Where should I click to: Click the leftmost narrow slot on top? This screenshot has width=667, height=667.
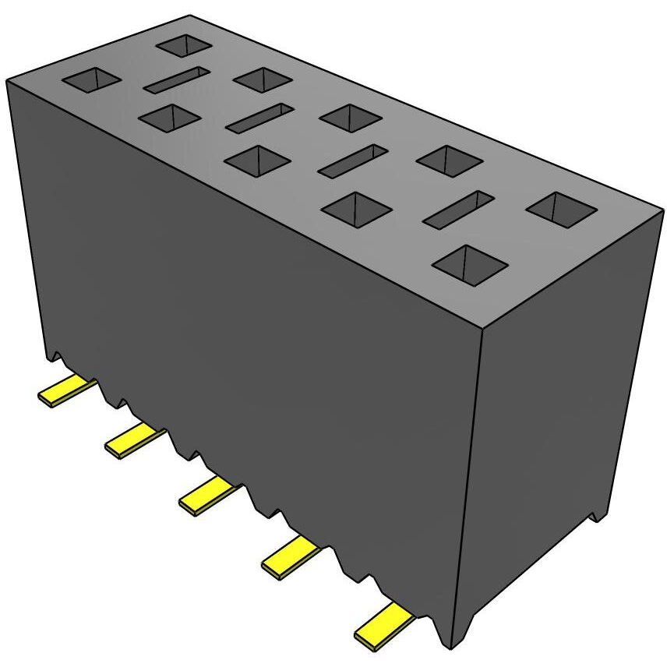[177, 79]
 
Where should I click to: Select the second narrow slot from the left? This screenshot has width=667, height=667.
[259, 118]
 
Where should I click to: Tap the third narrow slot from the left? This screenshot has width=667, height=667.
[352, 160]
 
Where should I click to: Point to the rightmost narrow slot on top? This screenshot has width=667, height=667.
[458, 209]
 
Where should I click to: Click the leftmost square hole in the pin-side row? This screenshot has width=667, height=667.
[91, 79]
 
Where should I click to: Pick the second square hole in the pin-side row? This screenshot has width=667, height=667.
[169, 118]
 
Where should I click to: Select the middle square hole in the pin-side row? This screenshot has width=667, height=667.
[256, 161]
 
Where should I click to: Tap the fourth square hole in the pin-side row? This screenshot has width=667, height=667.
[355, 209]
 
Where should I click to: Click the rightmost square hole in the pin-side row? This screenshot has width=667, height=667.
[469, 263]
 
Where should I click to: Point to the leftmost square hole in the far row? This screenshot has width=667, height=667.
[184, 44]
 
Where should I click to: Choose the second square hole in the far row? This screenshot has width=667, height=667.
[263, 79]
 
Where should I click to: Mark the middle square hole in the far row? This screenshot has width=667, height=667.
[350, 117]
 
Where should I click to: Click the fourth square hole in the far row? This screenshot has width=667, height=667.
[450, 161]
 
